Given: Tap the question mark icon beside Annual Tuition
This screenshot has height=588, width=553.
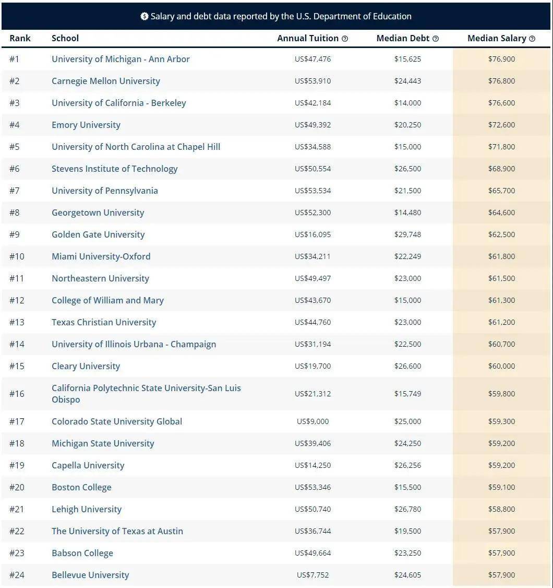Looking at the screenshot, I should pos(345,39).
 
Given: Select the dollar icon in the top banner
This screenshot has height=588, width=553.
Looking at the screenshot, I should pos(145,16).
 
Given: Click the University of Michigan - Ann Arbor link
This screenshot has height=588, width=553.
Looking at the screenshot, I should pos(121,59).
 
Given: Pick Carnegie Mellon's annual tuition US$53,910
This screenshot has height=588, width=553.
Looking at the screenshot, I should pos(312,81).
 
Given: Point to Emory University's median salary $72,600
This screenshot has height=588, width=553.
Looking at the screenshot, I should pos(501,125).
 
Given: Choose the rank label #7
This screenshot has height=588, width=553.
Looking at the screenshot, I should pos(14,191).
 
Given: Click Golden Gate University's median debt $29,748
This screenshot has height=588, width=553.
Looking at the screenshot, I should pos(407,234).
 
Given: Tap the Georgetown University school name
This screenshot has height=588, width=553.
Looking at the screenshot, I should pos(98,213).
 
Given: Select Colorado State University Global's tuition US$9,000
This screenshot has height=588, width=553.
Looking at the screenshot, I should pos(312,421).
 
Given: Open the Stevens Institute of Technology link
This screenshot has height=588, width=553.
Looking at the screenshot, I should pos(114,169).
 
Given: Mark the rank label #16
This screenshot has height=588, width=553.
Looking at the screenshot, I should pos(17,394).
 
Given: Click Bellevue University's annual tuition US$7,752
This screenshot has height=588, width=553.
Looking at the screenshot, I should pos(312,575).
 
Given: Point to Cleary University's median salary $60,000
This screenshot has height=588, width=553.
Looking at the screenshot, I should pos(501,366).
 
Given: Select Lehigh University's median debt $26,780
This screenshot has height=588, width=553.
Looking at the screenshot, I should pos(407,509).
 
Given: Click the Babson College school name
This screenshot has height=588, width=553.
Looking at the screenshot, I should pos(82,553).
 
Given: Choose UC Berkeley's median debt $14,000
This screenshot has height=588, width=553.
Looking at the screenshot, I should pos(407,103).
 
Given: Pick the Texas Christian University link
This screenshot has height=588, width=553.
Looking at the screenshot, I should pos(103,322).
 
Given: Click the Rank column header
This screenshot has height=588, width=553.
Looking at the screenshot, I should pos(20,38).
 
